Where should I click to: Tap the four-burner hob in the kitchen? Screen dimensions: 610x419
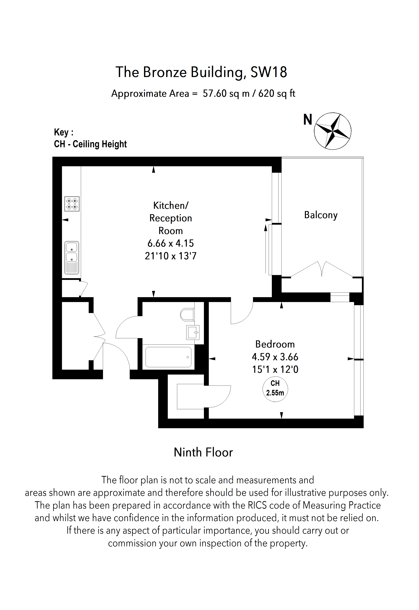tap(72, 204)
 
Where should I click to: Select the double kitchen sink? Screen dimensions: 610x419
tap(72, 257)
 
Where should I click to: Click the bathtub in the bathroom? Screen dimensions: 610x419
tap(168, 357)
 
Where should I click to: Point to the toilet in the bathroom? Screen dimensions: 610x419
tap(187, 314)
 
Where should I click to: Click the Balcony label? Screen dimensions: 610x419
tap(321, 215)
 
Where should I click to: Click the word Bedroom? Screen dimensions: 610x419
tap(275, 344)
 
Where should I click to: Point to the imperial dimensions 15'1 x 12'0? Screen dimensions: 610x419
tap(275, 369)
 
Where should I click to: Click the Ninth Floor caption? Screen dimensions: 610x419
tap(203, 452)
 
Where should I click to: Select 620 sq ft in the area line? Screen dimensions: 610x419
tap(277, 93)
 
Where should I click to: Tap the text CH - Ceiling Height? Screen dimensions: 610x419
tap(90, 144)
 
